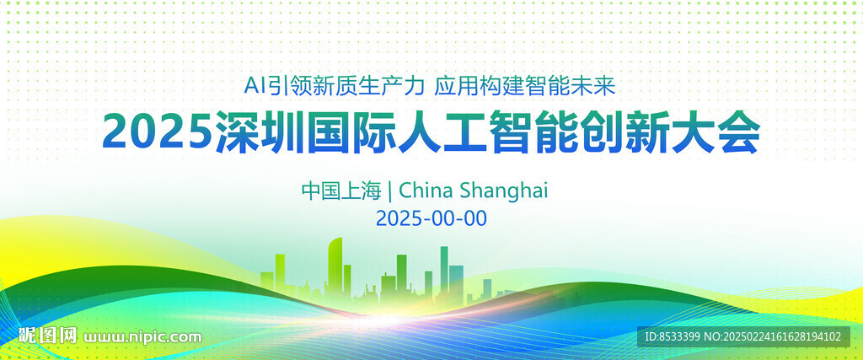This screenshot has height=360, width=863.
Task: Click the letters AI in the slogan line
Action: [255, 87]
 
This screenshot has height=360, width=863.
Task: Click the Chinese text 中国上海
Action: [341, 191]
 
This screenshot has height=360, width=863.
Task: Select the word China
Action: [425, 191]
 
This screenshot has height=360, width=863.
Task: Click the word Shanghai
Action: [503, 191]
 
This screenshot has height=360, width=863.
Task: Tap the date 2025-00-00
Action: [431, 218]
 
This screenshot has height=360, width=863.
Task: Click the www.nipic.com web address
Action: [142, 336]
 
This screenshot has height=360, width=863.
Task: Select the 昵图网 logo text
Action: [47, 335]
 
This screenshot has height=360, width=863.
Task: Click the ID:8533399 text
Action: [673, 336]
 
